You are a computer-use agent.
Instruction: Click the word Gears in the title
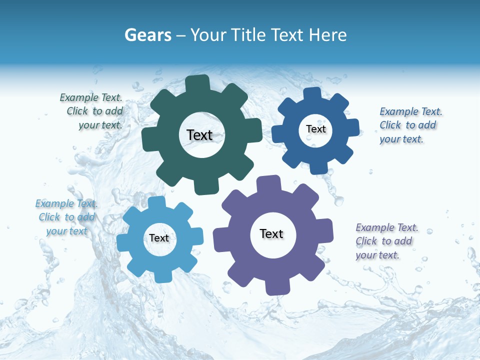147,35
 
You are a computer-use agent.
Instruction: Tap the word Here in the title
328,35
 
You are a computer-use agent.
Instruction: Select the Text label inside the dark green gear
199,135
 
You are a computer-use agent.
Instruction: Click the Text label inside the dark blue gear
315,129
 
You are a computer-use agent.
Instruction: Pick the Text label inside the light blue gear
159,238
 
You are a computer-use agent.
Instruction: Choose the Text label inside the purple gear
271,233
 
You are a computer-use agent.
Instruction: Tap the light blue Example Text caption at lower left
67,217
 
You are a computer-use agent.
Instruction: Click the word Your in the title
206,35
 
